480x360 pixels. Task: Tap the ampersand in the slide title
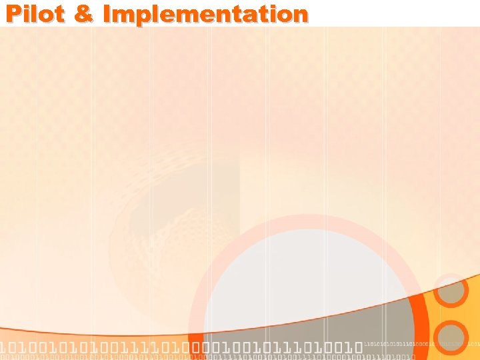coord(84,13)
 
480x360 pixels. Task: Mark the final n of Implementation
coord(300,13)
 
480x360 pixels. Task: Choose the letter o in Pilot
coord(48,13)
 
